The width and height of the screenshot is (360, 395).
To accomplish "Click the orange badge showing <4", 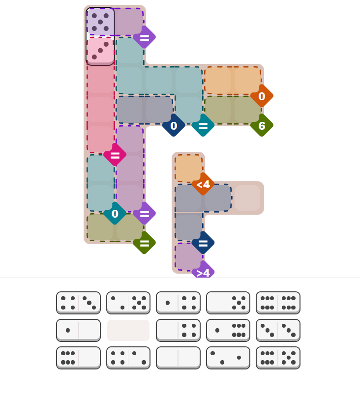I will pyautogui.click(x=203, y=184).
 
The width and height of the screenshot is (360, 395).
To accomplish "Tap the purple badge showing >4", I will pyautogui.click(x=203, y=272).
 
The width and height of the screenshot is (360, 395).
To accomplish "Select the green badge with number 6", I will pyautogui.click(x=262, y=126).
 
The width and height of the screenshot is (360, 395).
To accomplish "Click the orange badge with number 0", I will pyautogui.click(x=262, y=96).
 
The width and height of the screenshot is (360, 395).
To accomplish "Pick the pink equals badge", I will pyautogui.click(x=115, y=155).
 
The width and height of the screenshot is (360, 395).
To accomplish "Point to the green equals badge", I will pyautogui.click(x=144, y=243).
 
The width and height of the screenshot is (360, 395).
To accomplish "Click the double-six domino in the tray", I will pyautogui.click(x=278, y=303).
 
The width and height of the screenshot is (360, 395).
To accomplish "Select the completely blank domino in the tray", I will pyautogui.click(x=178, y=358).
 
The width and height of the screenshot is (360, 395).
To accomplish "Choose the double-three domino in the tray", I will pyautogui.click(x=278, y=330).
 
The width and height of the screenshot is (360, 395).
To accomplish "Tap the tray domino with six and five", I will pyautogui.click(x=278, y=358).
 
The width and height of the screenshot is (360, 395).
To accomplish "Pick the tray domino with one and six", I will pyautogui.click(x=228, y=330).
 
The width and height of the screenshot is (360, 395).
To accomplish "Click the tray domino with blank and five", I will pyautogui.click(x=228, y=303).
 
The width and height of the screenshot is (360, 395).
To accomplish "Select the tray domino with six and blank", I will pyautogui.click(x=78, y=358).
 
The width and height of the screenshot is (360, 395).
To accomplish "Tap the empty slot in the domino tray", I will pyautogui.click(x=128, y=330).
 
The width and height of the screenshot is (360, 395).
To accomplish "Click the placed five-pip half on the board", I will pyautogui.click(x=100, y=22).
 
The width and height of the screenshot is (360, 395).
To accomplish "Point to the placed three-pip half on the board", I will pyautogui.click(x=100, y=51).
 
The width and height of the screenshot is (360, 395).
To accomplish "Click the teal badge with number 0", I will pyautogui.click(x=115, y=214).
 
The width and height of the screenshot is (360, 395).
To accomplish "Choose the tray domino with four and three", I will pyautogui.click(x=78, y=303).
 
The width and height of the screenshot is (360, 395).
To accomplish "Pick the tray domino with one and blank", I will pyautogui.click(x=78, y=330).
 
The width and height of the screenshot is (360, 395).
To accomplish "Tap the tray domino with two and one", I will pyautogui.click(x=228, y=358).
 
